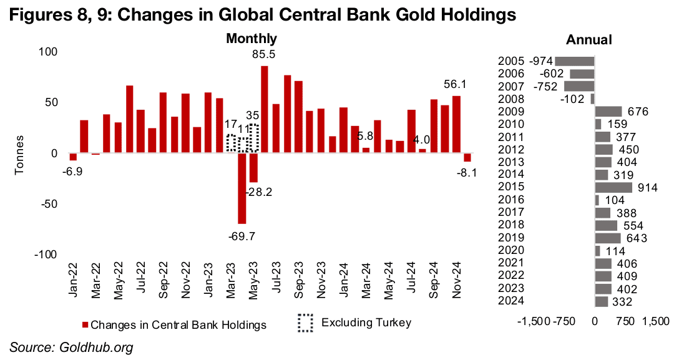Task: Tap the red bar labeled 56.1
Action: click(x=456, y=124)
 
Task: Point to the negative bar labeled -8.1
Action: click(x=467, y=157)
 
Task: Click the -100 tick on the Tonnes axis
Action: click(x=45, y=255)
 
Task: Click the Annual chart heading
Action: click(x=588, y=39)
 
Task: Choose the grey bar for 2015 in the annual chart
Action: click(x=613, y=187)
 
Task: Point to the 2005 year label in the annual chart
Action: click(x=511, y=61)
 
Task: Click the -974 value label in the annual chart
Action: click(x=540, y=61)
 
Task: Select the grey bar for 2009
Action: click(x=608, y=112)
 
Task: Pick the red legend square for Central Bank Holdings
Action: click(x=85, y=325)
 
